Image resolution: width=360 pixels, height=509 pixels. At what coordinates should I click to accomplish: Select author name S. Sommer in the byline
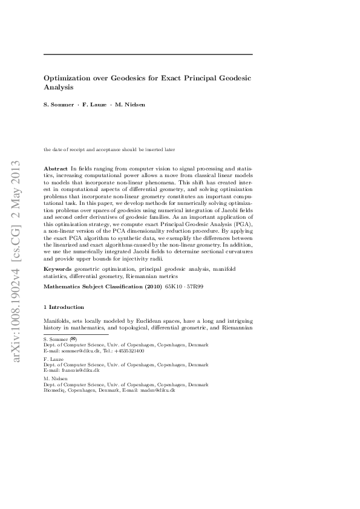click(58, 105)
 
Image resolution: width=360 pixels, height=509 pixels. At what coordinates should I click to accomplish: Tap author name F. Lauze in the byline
click(94, 105)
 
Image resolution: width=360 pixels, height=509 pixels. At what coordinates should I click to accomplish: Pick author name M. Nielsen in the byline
click(131, 105)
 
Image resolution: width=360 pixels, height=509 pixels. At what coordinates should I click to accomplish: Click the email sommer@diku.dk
click(79, 351)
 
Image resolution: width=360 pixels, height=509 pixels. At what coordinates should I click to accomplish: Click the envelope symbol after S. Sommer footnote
click(73, 340)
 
